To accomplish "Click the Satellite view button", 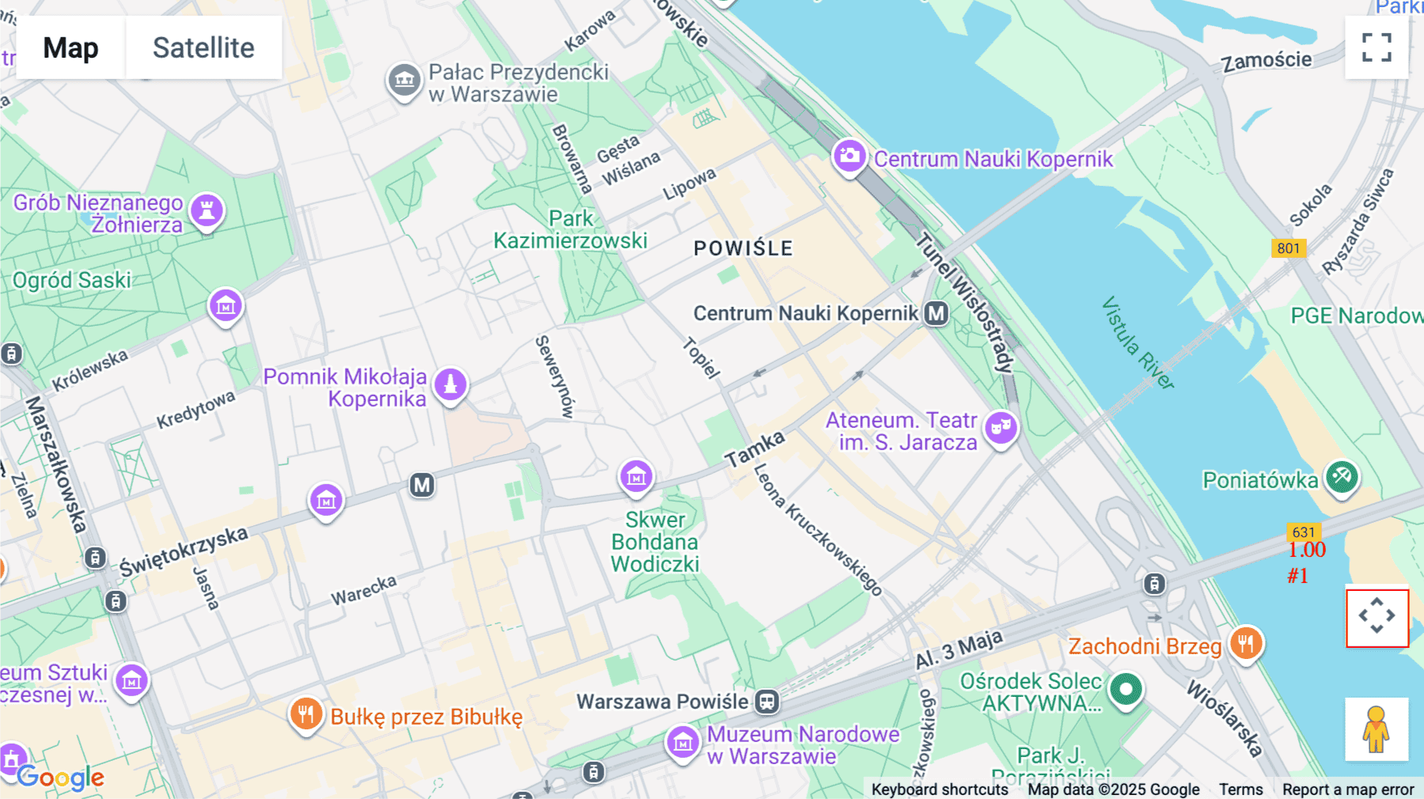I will (203, 47).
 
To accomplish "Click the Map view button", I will (70, 47).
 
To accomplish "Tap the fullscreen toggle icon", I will (1377, 47).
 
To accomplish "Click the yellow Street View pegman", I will (1377, 729).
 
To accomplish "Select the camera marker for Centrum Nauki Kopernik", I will (850, 156).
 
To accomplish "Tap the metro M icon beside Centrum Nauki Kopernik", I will (937, 314).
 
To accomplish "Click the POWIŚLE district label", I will (743, 248).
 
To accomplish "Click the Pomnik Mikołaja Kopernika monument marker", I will (451, 384).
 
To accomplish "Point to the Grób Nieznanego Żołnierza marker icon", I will (207, 210).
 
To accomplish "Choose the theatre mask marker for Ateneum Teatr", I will (1001, 428).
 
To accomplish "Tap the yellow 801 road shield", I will (1288, 248).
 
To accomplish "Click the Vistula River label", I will (1138, 343).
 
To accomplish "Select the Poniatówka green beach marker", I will (1342, 477).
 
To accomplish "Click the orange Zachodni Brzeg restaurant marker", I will (1246, 643).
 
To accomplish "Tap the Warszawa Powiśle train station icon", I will (767, 702).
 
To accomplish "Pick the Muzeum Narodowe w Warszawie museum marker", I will (683, 743).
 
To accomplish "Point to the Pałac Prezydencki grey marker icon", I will (404, 80).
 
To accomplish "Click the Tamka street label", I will (755, 449).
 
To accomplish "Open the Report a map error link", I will (1347, 790).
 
